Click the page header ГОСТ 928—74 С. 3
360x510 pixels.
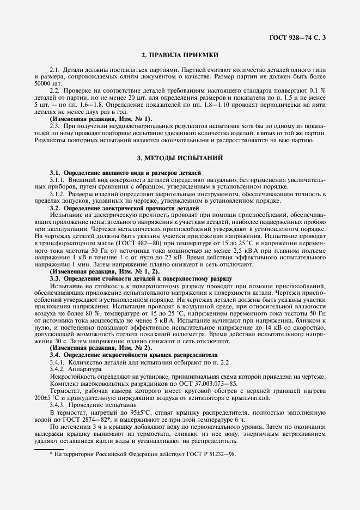tap(301, 37)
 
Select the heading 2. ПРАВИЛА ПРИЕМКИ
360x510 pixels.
tap(180, 55)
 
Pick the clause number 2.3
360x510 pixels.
tap(54, 126)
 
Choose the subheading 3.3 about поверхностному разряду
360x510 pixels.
tap(141, 278)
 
